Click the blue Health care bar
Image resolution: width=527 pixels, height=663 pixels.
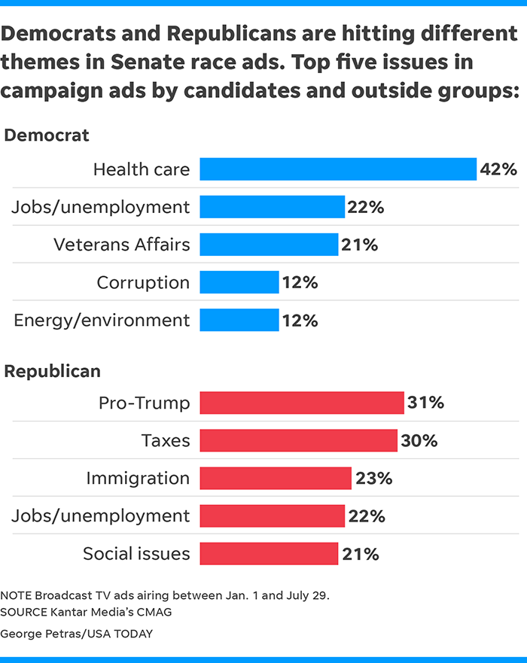click(338, 169)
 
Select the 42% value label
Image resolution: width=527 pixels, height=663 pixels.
click(499, 169)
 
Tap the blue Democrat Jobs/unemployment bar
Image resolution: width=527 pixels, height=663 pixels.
click(272, 207)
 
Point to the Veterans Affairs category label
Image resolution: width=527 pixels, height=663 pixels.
click(122, 245)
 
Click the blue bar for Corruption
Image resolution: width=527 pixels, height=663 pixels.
click(239, 282)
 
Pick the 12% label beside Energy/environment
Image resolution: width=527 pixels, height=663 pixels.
click(300, 321)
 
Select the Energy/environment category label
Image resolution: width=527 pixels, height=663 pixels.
click(102, 321)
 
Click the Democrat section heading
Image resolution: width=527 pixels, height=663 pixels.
click(47, 135)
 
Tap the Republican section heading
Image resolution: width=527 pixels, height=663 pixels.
click(53, 371)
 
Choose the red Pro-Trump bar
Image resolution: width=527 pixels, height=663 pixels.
click(302, 403)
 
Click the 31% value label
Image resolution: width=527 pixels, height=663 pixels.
click(425, 403)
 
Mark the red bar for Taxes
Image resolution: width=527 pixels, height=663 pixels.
click(298, 440)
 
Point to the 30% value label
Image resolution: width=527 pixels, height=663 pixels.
click(419, 440)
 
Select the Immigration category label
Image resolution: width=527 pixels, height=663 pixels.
click(138, 478)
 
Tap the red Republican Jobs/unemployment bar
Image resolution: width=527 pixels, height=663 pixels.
click(272, 515)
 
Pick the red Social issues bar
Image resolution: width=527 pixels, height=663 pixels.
click(269, 554)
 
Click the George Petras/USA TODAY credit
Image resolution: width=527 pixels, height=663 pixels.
click(76, 634)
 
